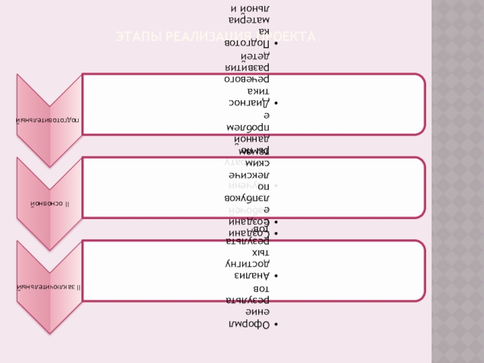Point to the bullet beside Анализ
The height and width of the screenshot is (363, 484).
pyautogui.click(x=275, y=276)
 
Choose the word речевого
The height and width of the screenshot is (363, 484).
pyautogui.click(x=248, y=79)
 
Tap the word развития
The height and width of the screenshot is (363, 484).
pyautogui.click(x=248, y=67)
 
